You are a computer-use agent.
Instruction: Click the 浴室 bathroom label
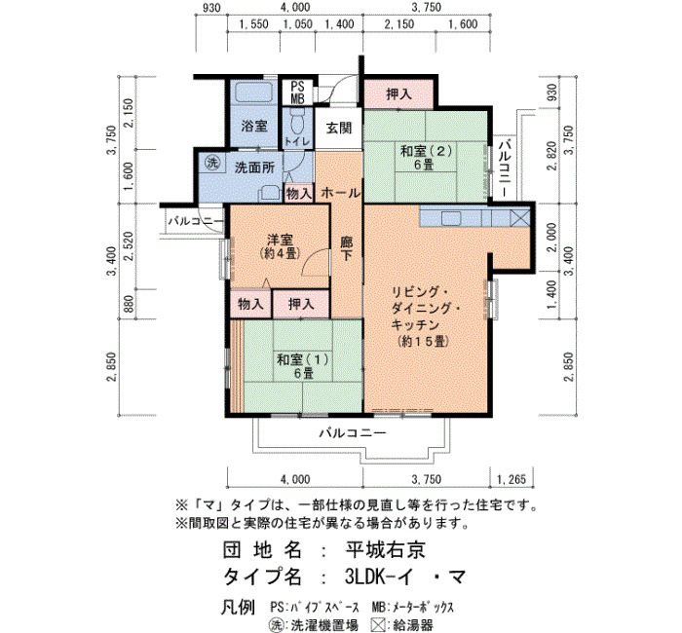coord(254,126)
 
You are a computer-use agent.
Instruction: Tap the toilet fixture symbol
coord(297,122)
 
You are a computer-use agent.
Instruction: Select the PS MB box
coord(297,93)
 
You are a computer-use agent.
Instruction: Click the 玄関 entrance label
coord(338,129)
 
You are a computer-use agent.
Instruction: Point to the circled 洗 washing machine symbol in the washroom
coord(212,163)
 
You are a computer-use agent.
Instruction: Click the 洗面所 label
coord(254,168)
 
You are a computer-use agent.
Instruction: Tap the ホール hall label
coord(341,193)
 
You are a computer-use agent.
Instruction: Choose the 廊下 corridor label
coord(346,248)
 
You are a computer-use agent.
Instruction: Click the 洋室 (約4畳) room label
coord(281,246)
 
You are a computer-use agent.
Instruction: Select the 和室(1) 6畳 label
coord(303,366)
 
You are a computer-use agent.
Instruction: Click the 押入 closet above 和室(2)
coord(398,93)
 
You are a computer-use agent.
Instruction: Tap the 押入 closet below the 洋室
coord(301,304)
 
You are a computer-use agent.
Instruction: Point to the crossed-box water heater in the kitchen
coord(520,217)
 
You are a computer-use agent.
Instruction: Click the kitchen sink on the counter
coord(451,218)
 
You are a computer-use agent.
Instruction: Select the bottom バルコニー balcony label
coord(353,433)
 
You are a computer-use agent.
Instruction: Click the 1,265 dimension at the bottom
coord(511,479)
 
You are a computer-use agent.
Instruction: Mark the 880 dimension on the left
coord(130,304)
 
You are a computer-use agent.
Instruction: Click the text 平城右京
coord(386,550)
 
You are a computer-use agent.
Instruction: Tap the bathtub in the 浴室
coord(254,93)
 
